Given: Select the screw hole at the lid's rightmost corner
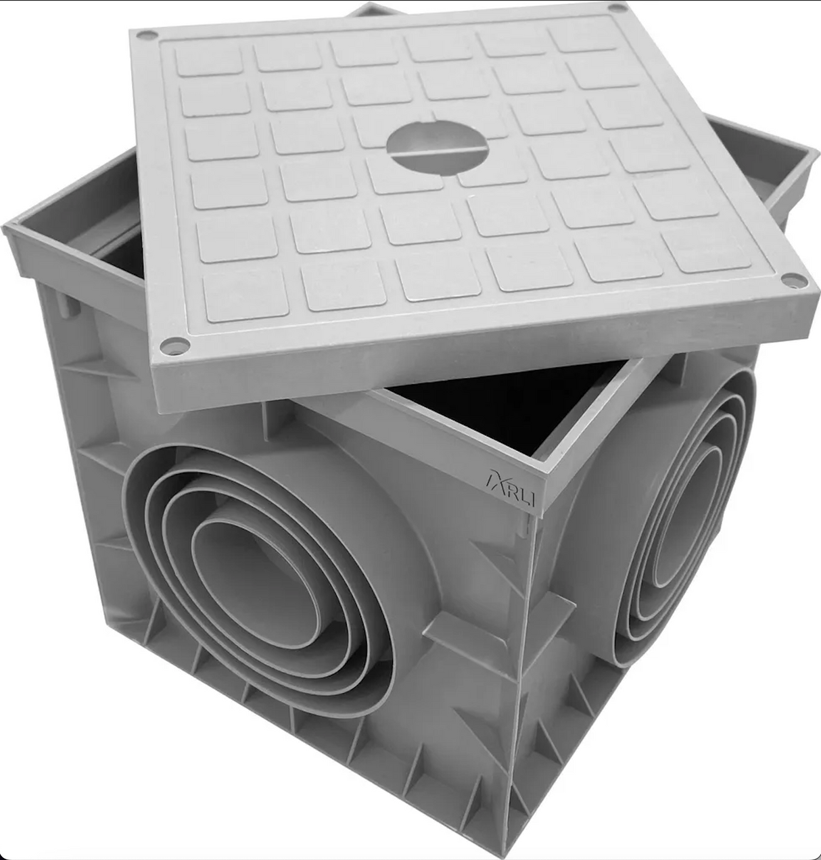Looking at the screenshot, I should [x=789, y=281].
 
